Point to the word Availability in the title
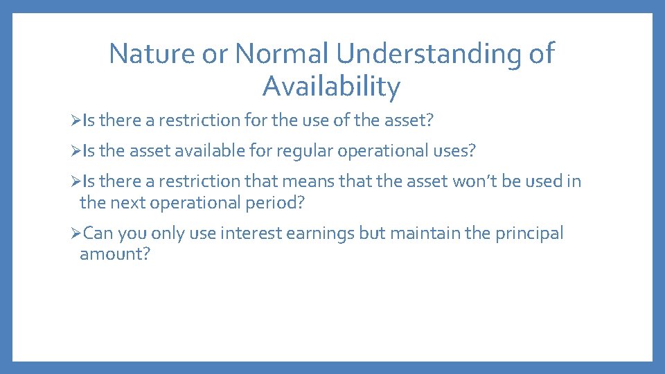click(x=331, y=87)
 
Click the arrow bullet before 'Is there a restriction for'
click(x=76, y=121)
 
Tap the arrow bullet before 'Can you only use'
click(x=76, y=234)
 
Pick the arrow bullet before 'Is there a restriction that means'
click(x=76, y=182)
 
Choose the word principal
click(x=529, y=233)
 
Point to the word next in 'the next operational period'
click(x=123, y=203)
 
